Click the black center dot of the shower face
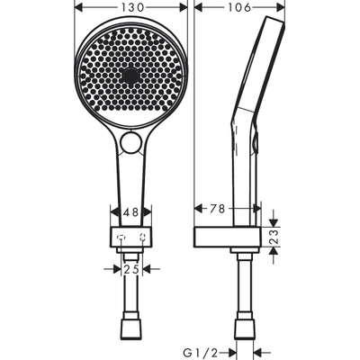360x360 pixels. point(132,75)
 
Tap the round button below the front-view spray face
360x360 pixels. point(132,142)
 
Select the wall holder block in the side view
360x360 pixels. point(229,238)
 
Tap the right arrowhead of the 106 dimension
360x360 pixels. point(284,8)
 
